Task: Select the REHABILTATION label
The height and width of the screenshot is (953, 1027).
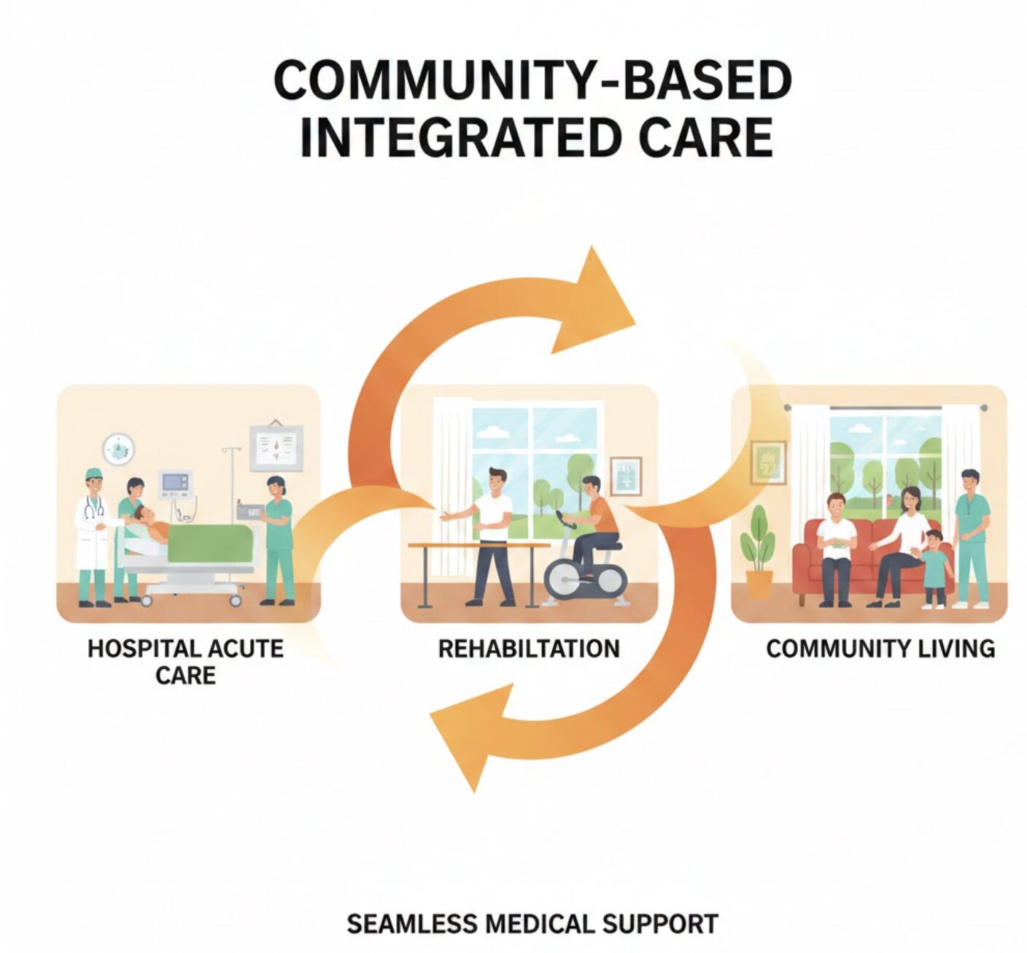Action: (x=529, y=648)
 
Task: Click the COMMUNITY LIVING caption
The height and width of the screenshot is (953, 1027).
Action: (x=880, y=648)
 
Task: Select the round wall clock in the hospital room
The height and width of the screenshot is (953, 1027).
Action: (x=118, y=450)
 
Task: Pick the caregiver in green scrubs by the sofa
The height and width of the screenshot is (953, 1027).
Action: (x=971, y=537)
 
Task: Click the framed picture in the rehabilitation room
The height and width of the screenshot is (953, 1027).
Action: (x=625, y=476)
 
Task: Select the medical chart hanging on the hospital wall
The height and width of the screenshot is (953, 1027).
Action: (x=276, y=447)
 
